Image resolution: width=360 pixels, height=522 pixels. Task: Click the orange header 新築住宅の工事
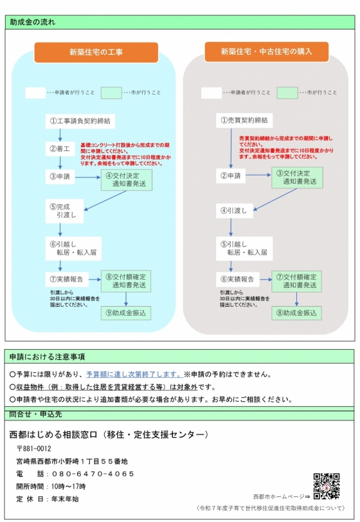tap(96, 52)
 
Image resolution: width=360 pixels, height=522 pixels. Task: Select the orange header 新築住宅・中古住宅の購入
tap(266, 51)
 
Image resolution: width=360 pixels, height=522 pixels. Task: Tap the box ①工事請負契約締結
tap(80, 121)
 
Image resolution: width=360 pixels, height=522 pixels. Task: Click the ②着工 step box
tap(60, 148)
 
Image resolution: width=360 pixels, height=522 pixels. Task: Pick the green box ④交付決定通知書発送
tap(127, 180)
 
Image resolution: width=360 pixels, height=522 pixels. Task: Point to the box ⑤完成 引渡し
tap(64, 211)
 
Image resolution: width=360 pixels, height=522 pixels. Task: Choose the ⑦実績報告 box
tap(67, 279)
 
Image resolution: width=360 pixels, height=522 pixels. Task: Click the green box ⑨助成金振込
tap(126, 313)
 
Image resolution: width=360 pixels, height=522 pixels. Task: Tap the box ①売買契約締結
tap(244, 120)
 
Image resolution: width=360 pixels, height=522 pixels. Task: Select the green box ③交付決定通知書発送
tap(297, 178)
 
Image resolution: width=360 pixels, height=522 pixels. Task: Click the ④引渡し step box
tap(235, 211)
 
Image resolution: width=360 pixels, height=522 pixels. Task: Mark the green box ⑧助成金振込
tap(296, 313)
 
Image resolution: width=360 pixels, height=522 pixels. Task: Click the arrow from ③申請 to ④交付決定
tap(88, 177)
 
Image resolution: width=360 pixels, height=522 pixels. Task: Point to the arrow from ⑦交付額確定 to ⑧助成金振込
tap(296, 300)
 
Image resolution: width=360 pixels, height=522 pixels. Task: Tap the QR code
tap(327, 487)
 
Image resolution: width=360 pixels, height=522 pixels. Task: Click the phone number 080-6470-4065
tap(93, 474)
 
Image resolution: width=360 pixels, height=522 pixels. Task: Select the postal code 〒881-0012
tap(34, 449)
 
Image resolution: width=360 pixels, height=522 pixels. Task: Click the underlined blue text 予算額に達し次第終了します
tap(134, 375)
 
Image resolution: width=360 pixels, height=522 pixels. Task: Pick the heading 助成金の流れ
tap(33, 22)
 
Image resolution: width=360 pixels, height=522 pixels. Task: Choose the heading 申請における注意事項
tap(47, 357)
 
